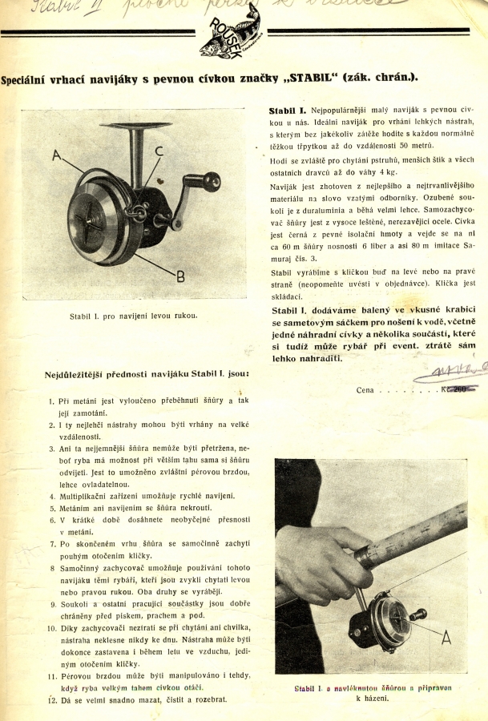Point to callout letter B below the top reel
(x=179, y=276)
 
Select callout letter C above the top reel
(x=159, y=151)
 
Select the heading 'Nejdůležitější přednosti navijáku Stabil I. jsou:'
(x=147, y=373)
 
